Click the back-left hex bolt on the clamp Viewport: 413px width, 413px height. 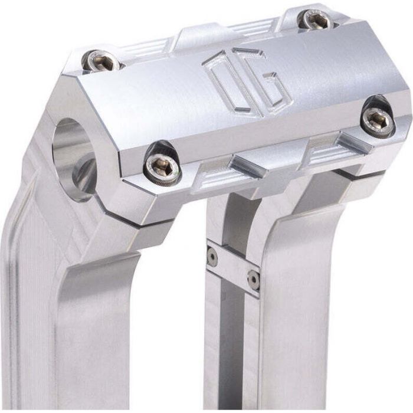[x=100, y=61]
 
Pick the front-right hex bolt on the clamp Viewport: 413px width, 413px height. [x=378, y=120]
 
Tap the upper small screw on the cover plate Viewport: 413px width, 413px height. [x=212, y=256]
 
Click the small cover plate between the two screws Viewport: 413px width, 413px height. [x=233, y=268]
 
